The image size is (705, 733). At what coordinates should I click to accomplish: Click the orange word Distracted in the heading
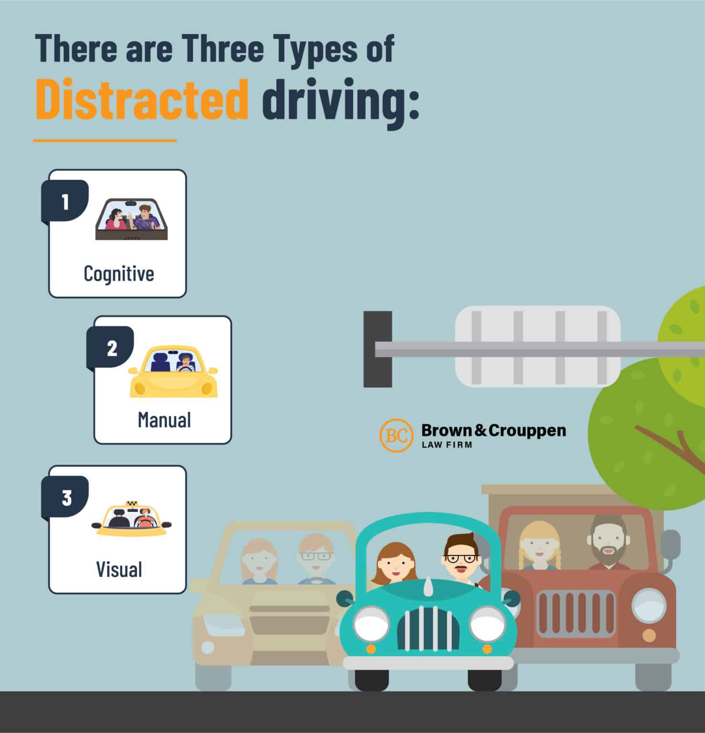click(142, 100)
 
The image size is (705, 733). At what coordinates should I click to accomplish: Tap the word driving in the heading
click(340, 101)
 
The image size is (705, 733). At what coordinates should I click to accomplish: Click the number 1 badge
click(66, 201)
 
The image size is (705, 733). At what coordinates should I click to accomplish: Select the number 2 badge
click(111, 348)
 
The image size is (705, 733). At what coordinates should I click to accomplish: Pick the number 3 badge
click(66, 498)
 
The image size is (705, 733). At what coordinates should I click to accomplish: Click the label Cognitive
click(119, 274)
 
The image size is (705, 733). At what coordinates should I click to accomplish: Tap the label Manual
click(164, 420)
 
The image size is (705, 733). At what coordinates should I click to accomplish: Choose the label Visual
click(119, 569)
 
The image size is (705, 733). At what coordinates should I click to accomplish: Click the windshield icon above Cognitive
click(132, 220)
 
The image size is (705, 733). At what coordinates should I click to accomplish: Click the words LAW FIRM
click(446, 445)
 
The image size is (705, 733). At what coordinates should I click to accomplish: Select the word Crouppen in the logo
click(527, 431)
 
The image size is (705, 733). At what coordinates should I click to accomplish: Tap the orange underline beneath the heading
click(105, 140)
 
